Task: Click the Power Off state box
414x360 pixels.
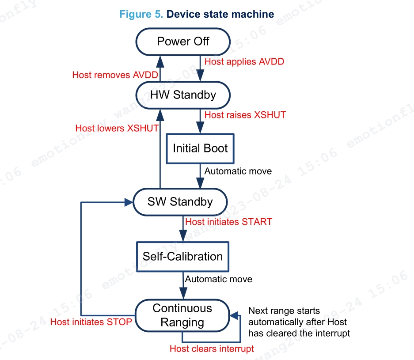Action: [x=183, y=42]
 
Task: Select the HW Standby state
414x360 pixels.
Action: [x=183, y=95]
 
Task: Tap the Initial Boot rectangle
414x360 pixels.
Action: [x=200, y=148]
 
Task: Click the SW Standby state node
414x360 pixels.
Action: [x=180, y=202]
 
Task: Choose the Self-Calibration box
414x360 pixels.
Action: [x=182, y=256]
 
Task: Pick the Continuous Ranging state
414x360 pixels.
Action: [x=182, y=315]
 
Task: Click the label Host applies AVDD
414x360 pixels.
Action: [x=244, y=62]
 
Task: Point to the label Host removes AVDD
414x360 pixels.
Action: [x=115, y=75]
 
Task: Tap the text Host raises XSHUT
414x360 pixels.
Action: [x=245, y=115]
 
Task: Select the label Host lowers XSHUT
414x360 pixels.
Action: [x=117, y=128]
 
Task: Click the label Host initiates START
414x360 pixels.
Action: [x=228, y=222]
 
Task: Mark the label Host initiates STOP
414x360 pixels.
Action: [x=91, y=322]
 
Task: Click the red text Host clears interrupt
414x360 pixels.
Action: [x=212, y=349]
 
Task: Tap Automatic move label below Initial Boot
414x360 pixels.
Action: [x=238, y=171]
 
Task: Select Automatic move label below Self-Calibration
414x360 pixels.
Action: [x=218, y=279]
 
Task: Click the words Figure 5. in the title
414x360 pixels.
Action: [x=141, y=14]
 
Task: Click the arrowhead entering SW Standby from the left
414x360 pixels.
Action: [x=129, y=202]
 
